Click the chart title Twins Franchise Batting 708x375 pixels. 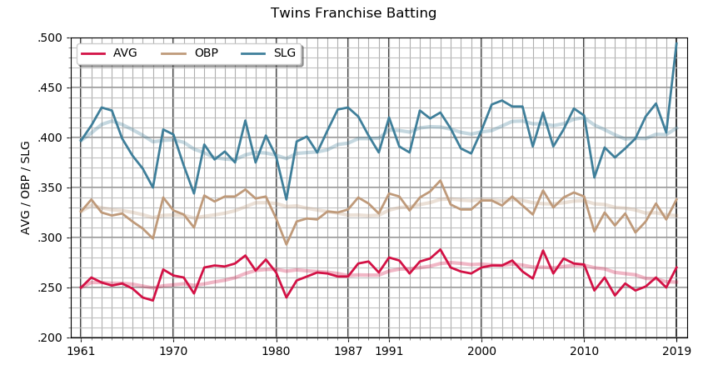point(353,13)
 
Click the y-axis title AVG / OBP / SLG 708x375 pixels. point(26,187)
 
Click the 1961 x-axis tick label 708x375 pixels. point(80,352)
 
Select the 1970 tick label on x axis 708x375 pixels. point(172,352)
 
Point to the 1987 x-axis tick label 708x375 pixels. point(347,352)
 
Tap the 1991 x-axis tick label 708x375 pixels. point(388,352)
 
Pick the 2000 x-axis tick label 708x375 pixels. point(481,352)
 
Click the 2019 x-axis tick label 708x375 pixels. point(676,352)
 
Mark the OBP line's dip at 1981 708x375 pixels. point(287,244)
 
